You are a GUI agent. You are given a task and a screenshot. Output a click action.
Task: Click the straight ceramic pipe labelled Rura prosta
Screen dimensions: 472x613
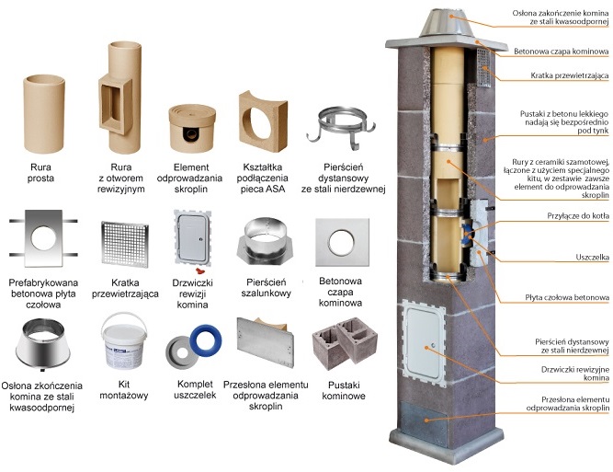44,117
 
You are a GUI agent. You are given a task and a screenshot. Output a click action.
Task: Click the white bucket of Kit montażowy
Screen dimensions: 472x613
122,342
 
